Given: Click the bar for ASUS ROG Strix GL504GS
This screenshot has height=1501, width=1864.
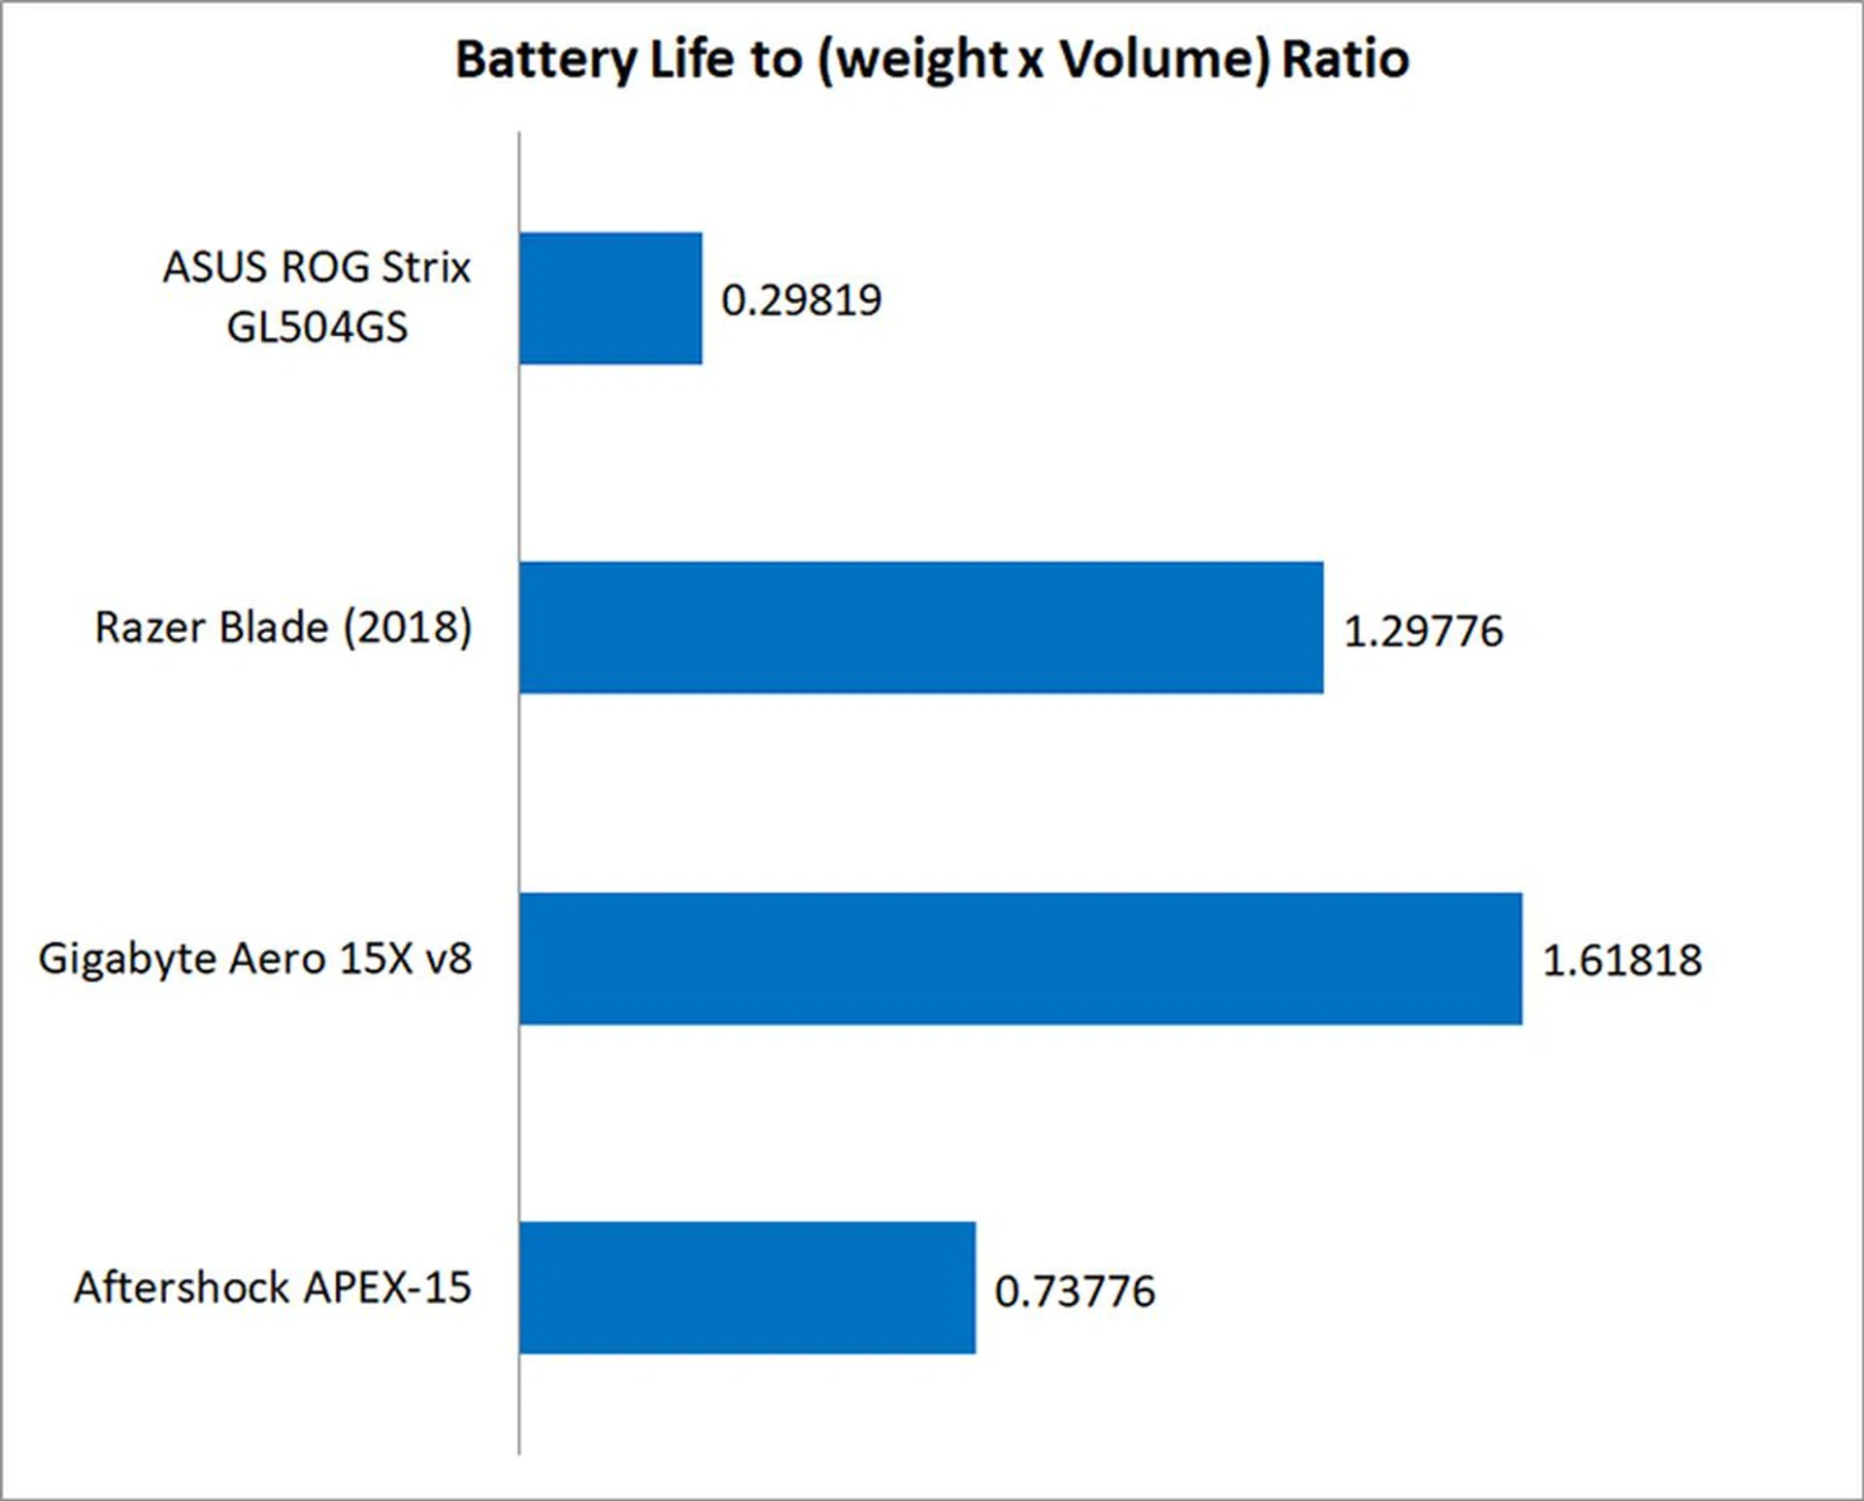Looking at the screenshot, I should (x=611, y=298).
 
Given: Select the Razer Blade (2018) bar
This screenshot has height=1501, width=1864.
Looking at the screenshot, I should (x=920, y=627).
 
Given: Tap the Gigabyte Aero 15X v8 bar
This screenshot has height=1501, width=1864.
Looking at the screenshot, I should (x=1020, y=958).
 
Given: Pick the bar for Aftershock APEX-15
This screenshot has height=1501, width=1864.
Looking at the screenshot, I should (x=747, y=1287).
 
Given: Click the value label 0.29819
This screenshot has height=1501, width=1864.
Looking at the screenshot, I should (x=801, y=300).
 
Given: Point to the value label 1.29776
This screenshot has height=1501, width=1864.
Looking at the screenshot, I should (x=1423, y=631).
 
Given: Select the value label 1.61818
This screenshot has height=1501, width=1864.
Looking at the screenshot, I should (x=1622, y=960).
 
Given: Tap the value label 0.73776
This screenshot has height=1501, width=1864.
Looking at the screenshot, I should (x=1075, y=1291).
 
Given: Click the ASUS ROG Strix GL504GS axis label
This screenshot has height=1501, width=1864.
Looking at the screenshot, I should (x=316, y=296).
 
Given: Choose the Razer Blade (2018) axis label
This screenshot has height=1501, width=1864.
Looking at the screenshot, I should (x=283, y=627).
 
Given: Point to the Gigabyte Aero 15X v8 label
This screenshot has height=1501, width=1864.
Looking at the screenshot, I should (x=255, y=958).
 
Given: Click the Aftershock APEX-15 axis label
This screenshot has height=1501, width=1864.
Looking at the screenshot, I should (x=273, y=1287).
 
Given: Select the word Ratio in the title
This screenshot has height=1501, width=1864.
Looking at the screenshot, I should (x=1346, y=59).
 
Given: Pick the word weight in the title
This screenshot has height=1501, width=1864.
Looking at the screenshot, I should (x=920, y=61).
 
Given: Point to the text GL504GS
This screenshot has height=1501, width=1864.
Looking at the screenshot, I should (x=316, y=327).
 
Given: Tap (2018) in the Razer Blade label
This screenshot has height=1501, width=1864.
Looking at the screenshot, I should (x=408, y=627).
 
